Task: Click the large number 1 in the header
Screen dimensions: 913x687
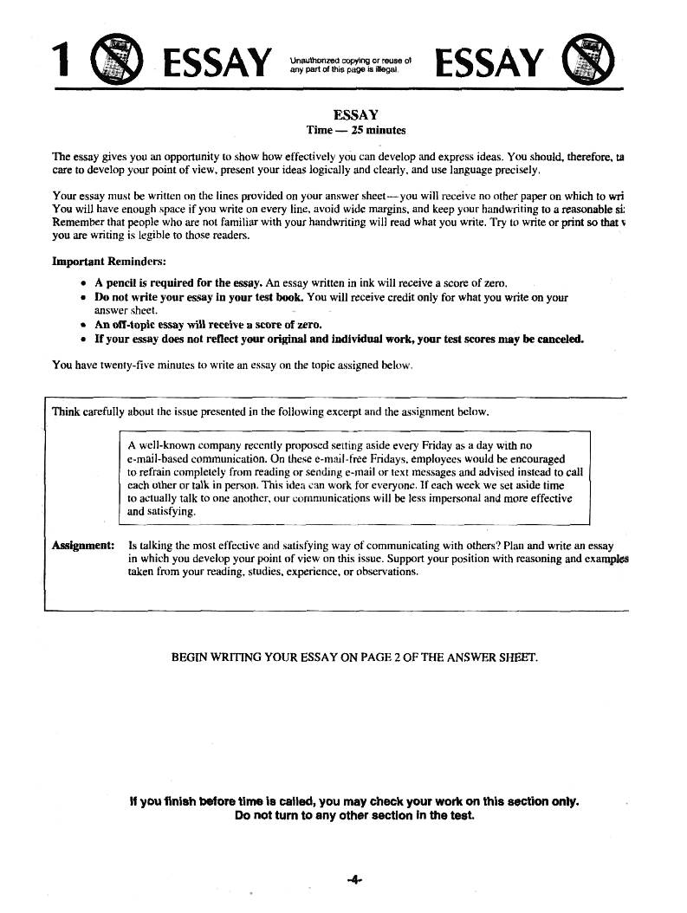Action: coord(59,62)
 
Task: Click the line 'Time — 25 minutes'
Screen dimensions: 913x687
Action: coord(356,130)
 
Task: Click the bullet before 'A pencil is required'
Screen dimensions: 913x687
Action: coord(82,283)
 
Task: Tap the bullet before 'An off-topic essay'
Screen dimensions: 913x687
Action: coord(82,326)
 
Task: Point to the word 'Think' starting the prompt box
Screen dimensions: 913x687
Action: coord(66,411)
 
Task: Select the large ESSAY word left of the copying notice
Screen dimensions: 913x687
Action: coord(213,63)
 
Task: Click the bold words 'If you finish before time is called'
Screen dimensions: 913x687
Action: coord(223,801)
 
